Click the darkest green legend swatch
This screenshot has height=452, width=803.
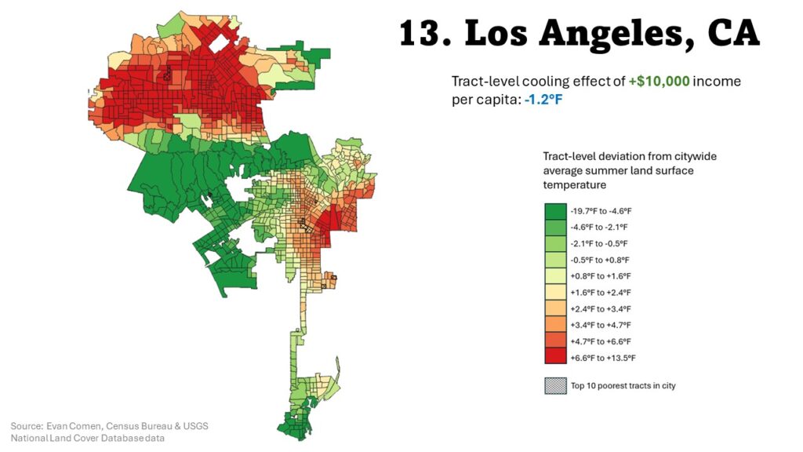[x=555, y=210]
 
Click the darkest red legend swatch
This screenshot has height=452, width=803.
[x=555, y=357]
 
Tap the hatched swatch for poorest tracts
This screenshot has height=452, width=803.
[x=555, y=385]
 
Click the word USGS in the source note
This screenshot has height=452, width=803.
[x=194, y=426]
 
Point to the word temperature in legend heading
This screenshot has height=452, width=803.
[x=573, y=184]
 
